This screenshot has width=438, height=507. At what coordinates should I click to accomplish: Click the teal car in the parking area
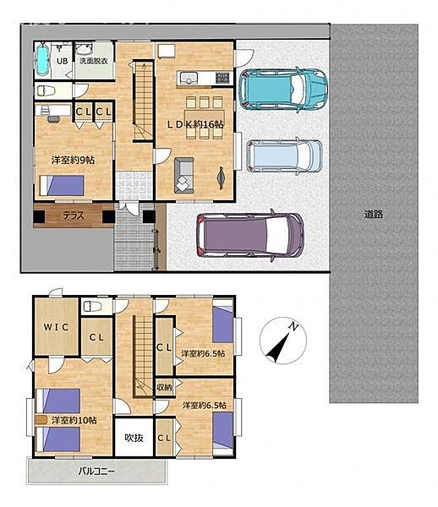[x=283, y=90]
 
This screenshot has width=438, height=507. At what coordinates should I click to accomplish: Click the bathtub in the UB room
[x=42, y=60]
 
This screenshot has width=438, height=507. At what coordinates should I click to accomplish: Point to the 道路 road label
[x=374, y=214]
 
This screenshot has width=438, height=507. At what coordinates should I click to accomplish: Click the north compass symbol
[x=283, y=341]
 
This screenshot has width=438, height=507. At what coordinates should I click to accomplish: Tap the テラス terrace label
[x=74, y=215]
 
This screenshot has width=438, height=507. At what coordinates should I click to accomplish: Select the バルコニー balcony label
[x=96, y=472]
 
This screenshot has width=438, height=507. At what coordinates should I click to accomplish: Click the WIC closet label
[x=56, y=327]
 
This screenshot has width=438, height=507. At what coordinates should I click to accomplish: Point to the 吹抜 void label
[x=134, y=438]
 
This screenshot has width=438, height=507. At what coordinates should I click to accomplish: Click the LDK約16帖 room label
[x=195, y=124]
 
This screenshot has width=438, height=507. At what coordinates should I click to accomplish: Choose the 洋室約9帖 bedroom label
[x=73, y=160]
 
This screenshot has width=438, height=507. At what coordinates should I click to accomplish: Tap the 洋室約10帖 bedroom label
[x=74, y=420]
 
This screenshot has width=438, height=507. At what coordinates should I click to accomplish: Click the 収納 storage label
[x=164, y=387]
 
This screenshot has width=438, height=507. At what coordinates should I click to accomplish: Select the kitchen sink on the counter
[x=189, y=79]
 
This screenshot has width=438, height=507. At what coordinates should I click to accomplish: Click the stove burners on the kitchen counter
[x=222, y=78]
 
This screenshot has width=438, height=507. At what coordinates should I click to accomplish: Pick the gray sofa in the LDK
[x=184, y=176]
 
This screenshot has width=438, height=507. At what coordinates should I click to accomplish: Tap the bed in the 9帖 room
[x=62, y=186]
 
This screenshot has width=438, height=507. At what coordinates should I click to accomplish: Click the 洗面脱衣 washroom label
[x=94, y=61]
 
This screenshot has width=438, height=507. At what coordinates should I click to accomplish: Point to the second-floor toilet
[x=92, y=306]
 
